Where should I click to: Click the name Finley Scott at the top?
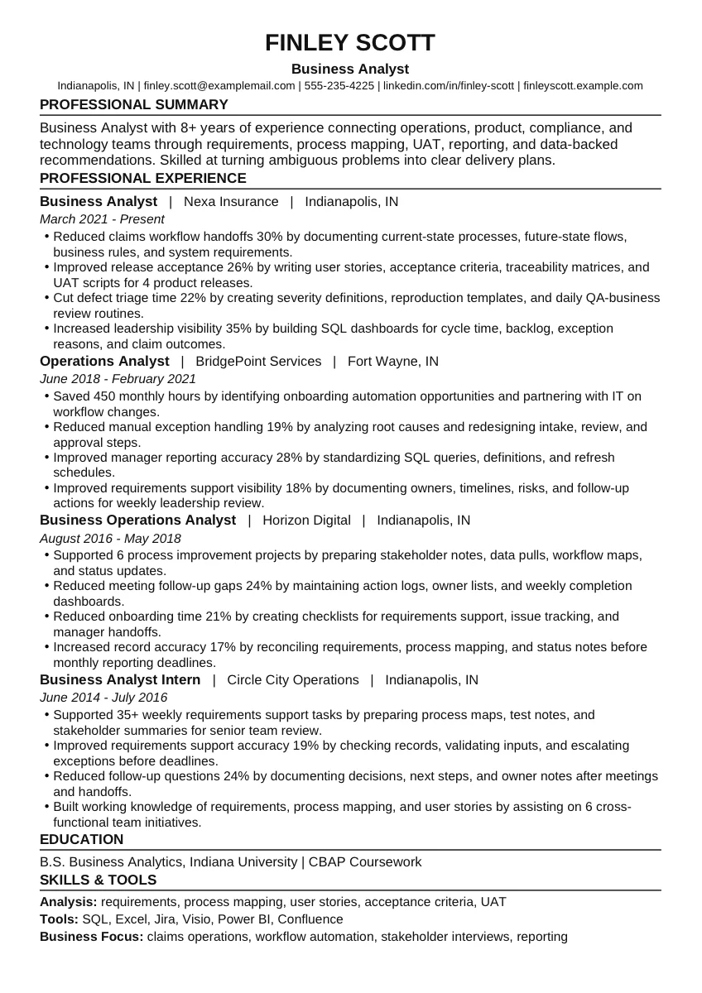coord(350,43)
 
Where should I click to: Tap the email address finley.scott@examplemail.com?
coord(219,85)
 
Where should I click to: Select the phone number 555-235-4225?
coord(339,85)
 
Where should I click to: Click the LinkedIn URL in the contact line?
coord(448,85)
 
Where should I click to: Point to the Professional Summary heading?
coord(133,104)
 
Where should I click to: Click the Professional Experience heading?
coord(142,178)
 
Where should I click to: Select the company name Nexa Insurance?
coord(231,201)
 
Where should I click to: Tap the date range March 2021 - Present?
coord(102,219)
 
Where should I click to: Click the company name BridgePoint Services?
coord(258,361)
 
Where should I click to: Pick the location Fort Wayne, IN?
coord(393,361)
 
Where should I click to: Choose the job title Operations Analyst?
coord(104,361)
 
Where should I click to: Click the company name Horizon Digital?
coord(306,520)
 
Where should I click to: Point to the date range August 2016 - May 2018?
coord(110,538)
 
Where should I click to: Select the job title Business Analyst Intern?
coord(120,679)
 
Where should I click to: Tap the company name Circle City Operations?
coord(293,679)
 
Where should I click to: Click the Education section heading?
coord(81,839)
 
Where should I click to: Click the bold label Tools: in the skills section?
coord(59,919)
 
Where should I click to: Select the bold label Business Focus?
coord(91,937)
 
